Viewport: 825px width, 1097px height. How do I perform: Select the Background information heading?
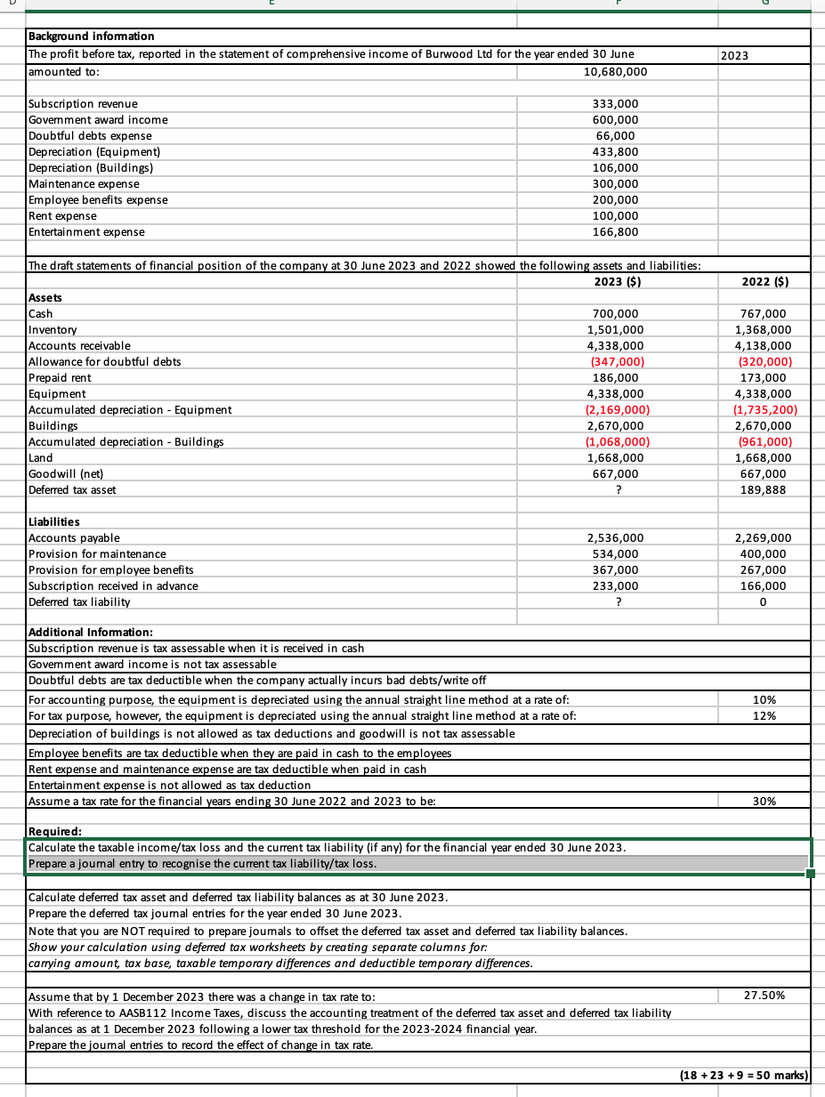tap(92, 36)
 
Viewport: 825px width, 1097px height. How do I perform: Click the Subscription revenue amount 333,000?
tap(615, 104)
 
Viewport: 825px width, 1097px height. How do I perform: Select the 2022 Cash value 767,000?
tap(765, 314)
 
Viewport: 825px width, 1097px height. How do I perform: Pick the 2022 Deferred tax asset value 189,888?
tap(765, 490)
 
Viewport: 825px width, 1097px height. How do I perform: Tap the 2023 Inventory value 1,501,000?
tap(615, 330)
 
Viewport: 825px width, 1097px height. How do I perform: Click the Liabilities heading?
tap(54, 522)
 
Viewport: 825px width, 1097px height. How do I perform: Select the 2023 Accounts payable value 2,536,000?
tap(615, 538)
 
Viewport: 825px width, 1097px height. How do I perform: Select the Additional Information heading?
tap(91, 633)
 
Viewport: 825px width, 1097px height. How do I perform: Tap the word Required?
tap(55, 833)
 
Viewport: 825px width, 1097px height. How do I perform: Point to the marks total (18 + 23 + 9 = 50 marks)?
tap(743, 1076)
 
